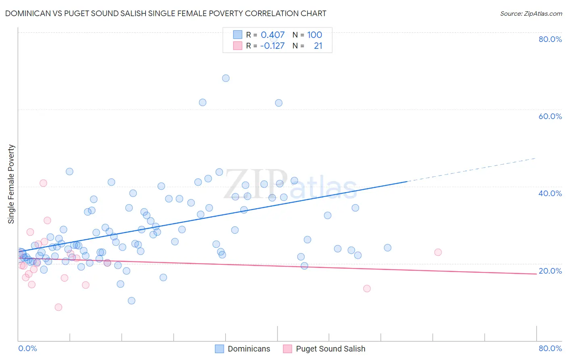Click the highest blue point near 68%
[226, 78]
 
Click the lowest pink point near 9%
[58, 307]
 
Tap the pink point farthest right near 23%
[438, 252]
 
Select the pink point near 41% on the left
[43, 183]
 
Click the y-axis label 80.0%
[550, 39]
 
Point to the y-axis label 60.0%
[550, 116]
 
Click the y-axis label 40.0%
[550, 193]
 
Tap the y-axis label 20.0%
[550, 271]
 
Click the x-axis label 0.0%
[27, 348]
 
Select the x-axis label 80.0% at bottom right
[550, 348]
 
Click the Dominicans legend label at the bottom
[249, 349]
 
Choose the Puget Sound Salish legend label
[330, 349]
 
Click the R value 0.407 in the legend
[273, 35]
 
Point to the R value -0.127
[272, 46]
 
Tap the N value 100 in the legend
[315, 35]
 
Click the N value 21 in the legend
[318, 46]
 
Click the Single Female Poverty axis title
[11, 184]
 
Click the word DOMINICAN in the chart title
[28, 14]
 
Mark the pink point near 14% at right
[367, 289]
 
